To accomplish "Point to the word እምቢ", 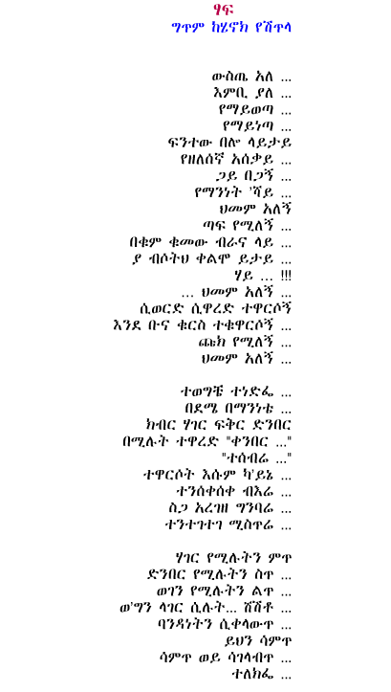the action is click(x=230, y=94).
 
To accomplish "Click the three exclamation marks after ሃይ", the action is click(x=286, y=276).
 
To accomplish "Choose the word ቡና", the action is click(x=178, y=325).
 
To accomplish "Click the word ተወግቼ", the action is click(x=200, y=391).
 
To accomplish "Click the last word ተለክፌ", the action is click(x=253, y=674).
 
